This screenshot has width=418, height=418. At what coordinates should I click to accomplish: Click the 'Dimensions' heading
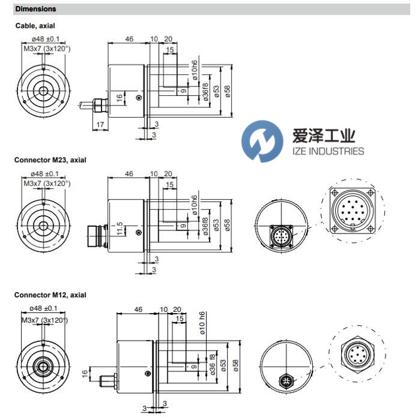coord(36,9)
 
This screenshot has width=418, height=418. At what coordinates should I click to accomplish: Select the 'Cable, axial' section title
coord(39,26)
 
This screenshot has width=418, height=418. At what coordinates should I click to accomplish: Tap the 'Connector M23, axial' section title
coord(51,160)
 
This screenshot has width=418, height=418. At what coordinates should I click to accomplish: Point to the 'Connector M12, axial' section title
coord(51,295)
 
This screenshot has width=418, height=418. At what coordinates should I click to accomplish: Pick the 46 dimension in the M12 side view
coord(138,309)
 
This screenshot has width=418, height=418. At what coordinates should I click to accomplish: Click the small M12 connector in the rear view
coord(286,380)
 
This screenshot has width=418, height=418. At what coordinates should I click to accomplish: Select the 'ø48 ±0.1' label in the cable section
coord(43,39)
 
